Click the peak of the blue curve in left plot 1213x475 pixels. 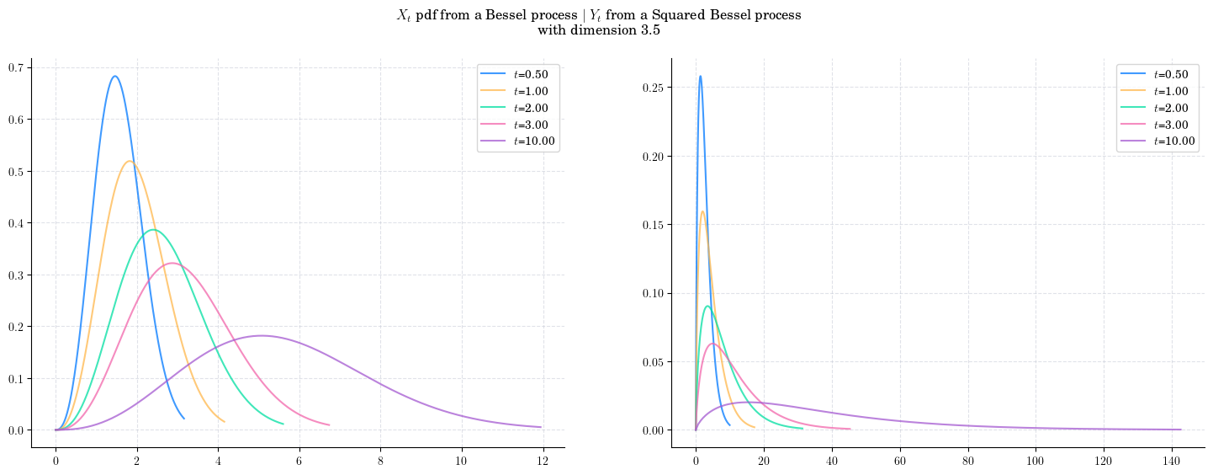pyautogui.click(x=114, y=76)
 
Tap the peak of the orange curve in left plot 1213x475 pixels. pyautogui.click(x=130, y=161)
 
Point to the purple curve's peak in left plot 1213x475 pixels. pyautogui.click(x=262, y=336)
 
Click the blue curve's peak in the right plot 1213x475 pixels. pyautogui.click(x=700, y=76)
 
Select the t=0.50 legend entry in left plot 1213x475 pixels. pyautogui.click(x=515, y=74)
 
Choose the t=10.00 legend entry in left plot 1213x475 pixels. pyautogui.click(x=517, y=141)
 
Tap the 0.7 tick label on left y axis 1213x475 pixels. pyautogui.click(x=16, y=67)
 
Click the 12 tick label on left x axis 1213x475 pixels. pyautogui.click(x=543, y=461)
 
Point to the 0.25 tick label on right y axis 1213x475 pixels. pyautogui.click(x=653, y=88)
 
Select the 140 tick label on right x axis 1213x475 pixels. pyautogui.click(x=1172, y=461)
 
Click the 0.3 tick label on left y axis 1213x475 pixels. pyautogui.click(x=16, y=275)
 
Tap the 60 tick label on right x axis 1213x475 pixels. pyautogui.click(x=900, y=461)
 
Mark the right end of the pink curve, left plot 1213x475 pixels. pyautogui.click(x=329, y=424)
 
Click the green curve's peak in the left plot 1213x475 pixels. pyautogui.click(x=153, y=230)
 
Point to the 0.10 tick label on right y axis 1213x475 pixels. pyautogui.click(x=653, y=293)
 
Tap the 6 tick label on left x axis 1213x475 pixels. pyautogui.click(x=299, y=461)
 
